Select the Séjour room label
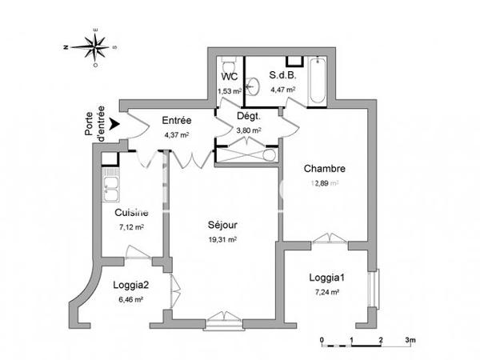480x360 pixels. [222, 225]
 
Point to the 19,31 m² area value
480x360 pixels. [222, 238]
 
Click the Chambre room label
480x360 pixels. [324, 169]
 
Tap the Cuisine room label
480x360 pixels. [130, 213]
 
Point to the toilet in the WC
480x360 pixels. [229, 66]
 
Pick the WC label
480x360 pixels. [229, 78]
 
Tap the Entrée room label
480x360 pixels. [177, 121]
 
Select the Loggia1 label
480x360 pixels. [328, 278]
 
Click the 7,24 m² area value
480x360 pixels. [328, 293]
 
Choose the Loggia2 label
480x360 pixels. [130, 284]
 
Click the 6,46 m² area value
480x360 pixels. [130, 298]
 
